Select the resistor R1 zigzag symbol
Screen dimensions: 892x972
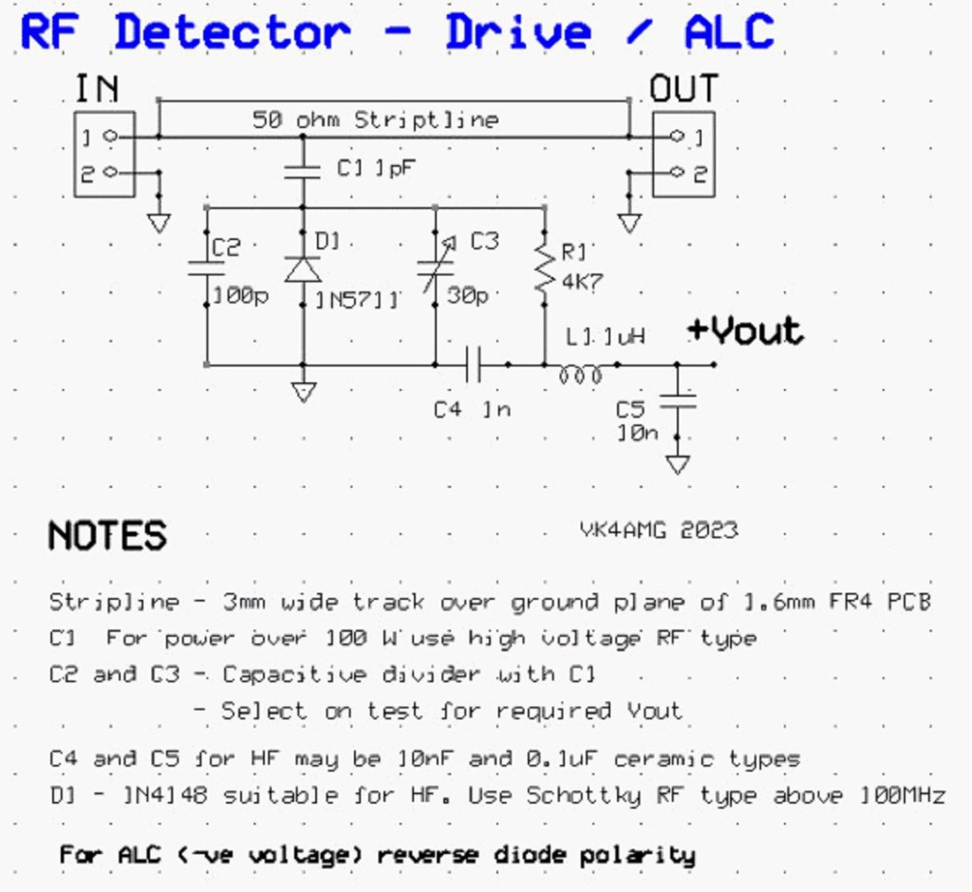point(544,269)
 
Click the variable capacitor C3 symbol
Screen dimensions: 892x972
point(435,269)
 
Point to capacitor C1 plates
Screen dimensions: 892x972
point(303,171)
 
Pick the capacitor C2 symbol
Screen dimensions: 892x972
point(206,269)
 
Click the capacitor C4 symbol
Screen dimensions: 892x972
point(474,363)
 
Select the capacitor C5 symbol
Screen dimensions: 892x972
point(677,401)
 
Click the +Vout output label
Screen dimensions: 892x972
point(745,330)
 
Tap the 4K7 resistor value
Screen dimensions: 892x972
point(581,281)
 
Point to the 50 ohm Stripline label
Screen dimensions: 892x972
point(375,121)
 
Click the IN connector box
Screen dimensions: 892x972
point(104,154)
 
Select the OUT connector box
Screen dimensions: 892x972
point(683,154)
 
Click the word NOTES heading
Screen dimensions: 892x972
point(107,536)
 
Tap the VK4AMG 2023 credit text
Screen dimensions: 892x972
point(659,530)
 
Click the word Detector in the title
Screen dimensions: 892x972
point(232,32)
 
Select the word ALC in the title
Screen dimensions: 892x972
point(729,32)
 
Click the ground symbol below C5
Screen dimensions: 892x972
point(677,464)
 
